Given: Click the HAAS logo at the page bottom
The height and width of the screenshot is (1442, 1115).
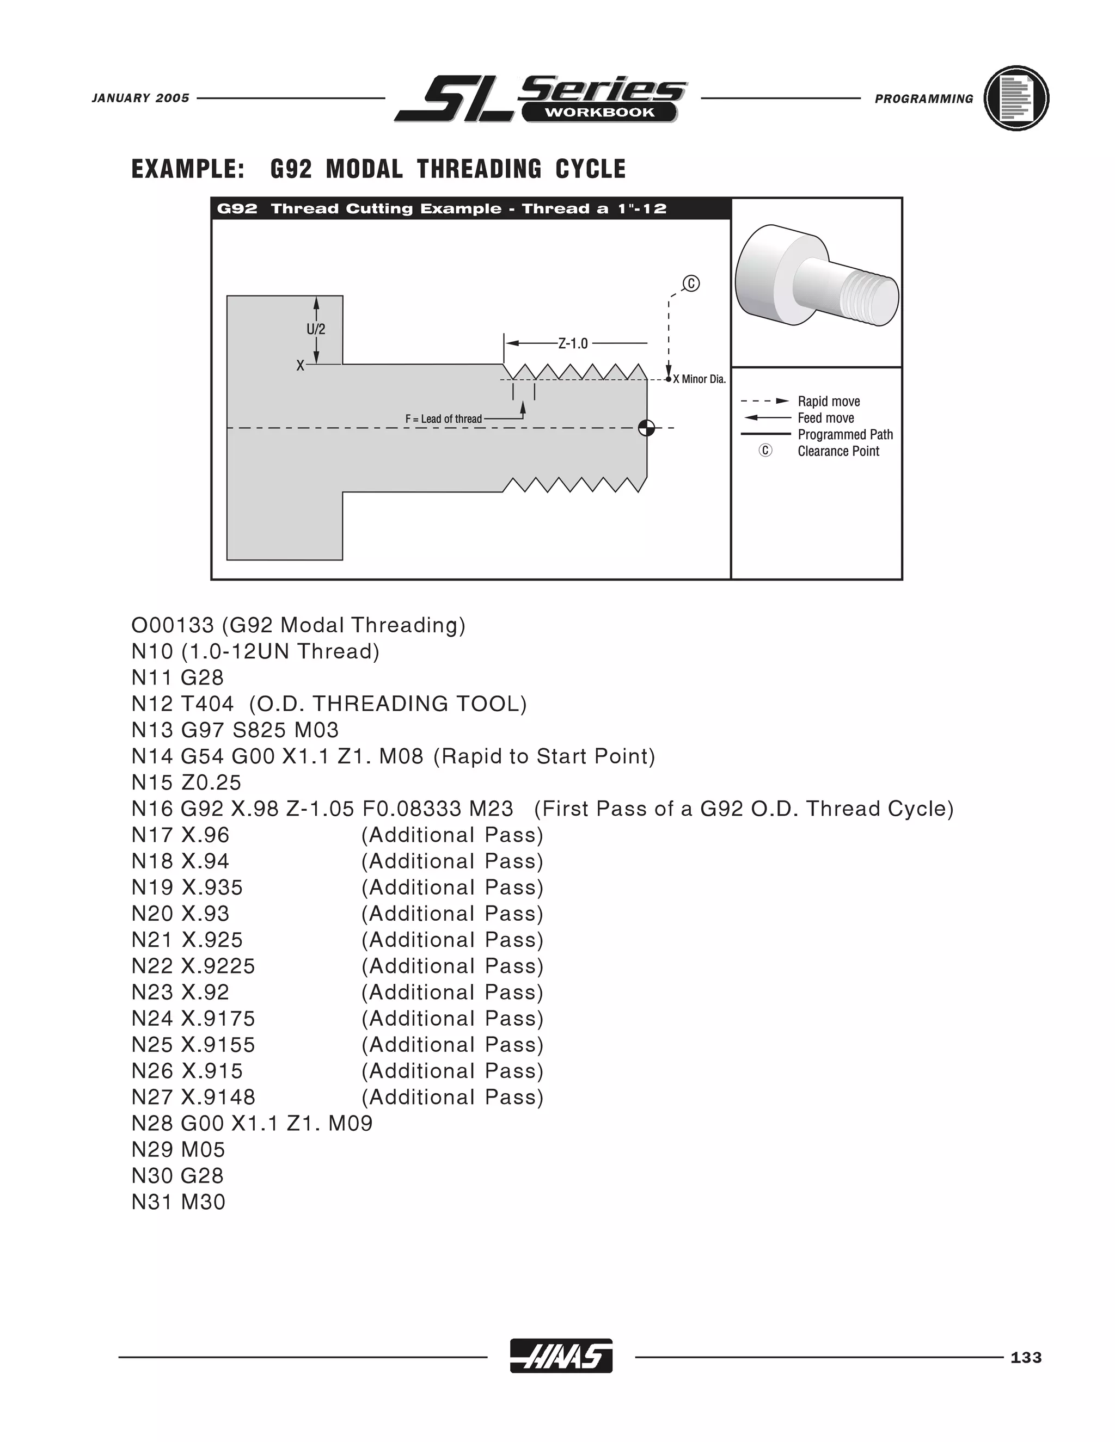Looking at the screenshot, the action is [561, 1356].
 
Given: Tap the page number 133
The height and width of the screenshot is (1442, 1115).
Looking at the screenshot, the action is [1026, 1358].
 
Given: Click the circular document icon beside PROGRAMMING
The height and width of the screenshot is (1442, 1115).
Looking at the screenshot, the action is [1016, 98].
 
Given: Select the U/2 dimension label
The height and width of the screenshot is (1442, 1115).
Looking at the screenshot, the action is [316, 329].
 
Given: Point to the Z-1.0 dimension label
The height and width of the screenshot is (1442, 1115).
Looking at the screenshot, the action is [573, 343].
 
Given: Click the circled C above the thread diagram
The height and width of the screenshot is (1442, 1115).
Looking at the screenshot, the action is [691, 284].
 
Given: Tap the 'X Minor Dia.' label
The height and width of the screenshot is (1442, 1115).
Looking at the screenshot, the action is [700, 379].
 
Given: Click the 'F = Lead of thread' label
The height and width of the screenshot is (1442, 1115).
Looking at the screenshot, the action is [443, 418].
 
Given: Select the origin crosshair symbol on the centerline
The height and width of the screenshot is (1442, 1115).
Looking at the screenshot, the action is [647, 428].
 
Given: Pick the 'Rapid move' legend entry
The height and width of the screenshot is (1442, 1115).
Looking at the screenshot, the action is [828, 402].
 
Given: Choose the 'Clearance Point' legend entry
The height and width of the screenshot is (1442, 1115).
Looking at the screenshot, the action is [838, 451].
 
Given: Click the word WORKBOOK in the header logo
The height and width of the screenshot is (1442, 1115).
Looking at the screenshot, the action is [599, 112].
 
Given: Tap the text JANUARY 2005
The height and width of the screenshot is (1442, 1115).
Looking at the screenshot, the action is [140, 98].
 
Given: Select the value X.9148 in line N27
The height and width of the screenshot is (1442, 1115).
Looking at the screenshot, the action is [218, 1098].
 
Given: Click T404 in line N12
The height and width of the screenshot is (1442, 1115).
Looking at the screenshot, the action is [207, 704].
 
